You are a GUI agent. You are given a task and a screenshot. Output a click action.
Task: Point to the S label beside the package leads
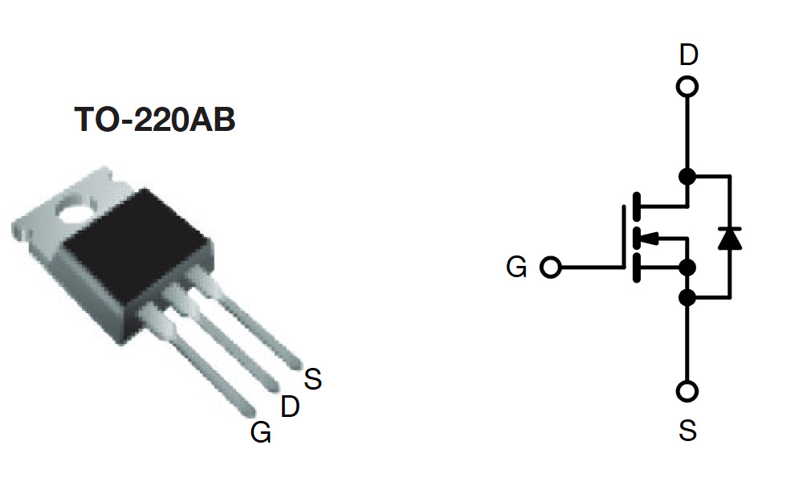(312, 379)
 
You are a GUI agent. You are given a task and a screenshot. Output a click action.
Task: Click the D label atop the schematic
(688, 55)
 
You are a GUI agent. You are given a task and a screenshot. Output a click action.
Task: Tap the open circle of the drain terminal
(687, 86)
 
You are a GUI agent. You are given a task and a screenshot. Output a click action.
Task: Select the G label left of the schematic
(516, 267)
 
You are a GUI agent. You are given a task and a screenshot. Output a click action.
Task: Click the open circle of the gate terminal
(550, 268)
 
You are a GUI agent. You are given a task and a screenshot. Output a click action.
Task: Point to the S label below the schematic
(687, 431)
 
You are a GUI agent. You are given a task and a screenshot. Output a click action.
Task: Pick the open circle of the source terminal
(687, 391)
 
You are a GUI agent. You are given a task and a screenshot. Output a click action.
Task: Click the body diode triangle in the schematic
(729, 239)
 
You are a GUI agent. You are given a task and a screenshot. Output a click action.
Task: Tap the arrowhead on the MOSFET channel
(650, 238)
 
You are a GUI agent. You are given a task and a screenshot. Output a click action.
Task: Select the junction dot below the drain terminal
(687, 176)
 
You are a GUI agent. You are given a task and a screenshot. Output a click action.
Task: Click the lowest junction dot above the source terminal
(687, 298)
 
